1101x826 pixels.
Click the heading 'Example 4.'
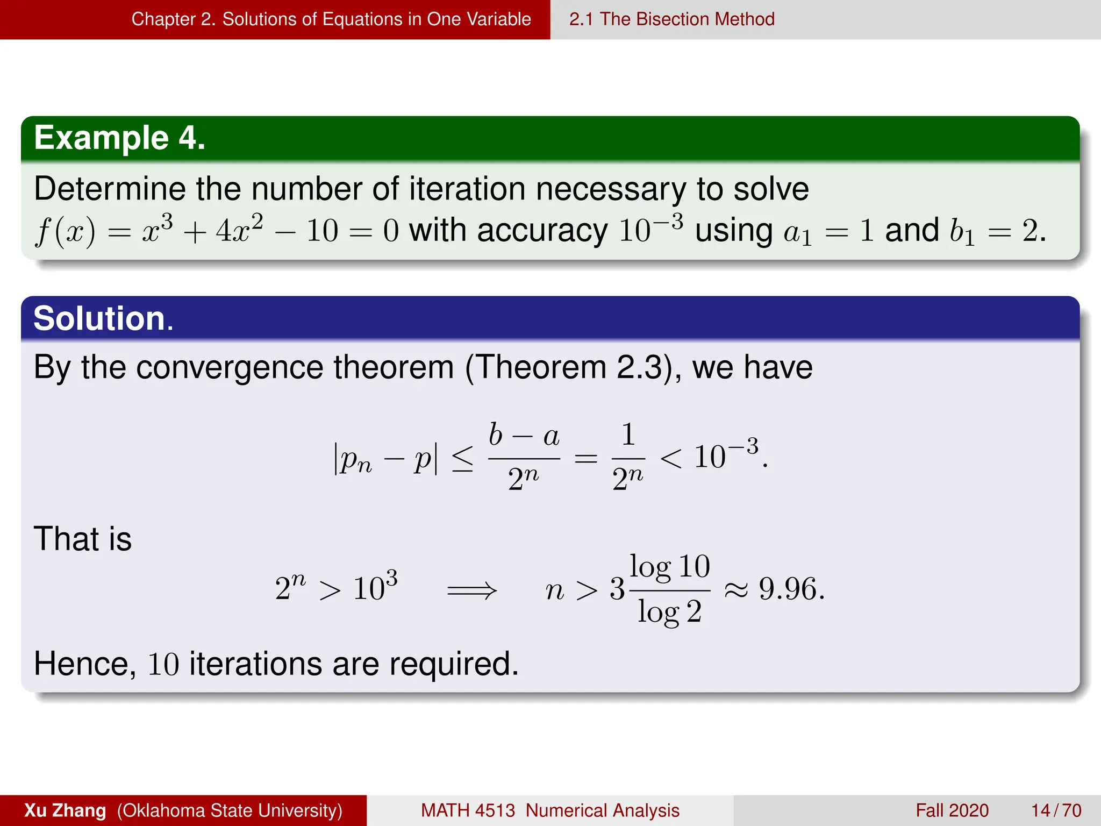pos(119,138)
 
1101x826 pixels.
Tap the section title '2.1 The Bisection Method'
pos(671,19)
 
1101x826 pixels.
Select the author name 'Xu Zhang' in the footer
pos(65,810)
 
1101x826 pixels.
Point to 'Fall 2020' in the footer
pos(952,810)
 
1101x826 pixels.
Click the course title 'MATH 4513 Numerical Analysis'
pos(549,810)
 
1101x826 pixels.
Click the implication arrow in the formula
pos(472,590)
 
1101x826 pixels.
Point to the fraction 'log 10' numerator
pos(670,567)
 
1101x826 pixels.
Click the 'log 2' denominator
pos(670,612)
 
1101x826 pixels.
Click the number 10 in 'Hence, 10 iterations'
pos(163,664)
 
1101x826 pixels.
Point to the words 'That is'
pos(83,539)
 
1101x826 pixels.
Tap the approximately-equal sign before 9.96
pos(735,590)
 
